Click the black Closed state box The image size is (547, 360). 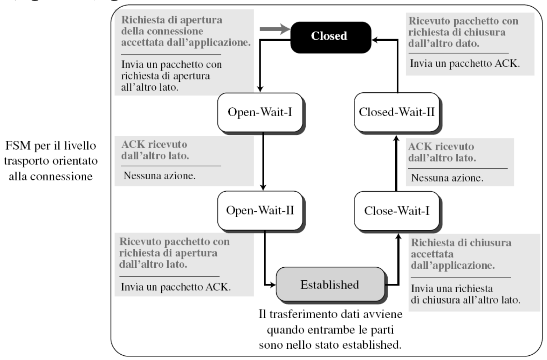(x=331, y=37)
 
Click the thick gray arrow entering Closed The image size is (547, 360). (x=275, y=29)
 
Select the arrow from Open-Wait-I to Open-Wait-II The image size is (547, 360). (x=263, y=161)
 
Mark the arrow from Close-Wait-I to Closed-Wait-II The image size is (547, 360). (x=396, y=163)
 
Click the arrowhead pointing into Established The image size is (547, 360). (x=273, y=285)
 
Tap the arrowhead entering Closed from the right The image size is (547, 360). (x=375, y=40)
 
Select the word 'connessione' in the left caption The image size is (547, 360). (x=61, y=177)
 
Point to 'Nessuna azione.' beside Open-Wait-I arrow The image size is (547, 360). (x=159, y=176)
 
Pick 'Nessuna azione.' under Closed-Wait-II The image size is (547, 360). (x=447, y=178)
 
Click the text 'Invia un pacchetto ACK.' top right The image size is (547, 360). (x=465, y=63)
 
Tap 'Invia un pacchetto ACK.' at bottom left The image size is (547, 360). (x=176, y=287)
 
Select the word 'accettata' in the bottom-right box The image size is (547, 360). (x=432, y=254)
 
